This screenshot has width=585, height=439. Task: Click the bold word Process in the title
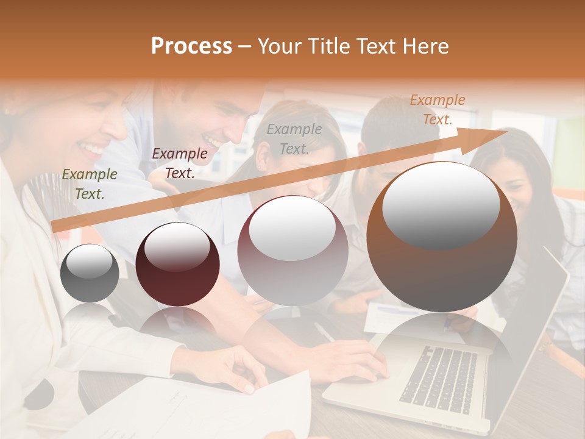(x=191, y=46)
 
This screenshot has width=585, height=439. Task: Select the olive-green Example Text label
(x=90, y=184)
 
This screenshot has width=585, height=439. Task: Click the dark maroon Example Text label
(x=180, y=163)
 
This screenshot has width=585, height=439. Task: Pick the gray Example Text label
(x=294, y=138)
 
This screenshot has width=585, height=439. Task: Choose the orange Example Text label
(x=438, y=109)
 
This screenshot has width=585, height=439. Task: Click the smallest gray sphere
(x=90, y=274)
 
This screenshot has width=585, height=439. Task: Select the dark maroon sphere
(x=177, y=265)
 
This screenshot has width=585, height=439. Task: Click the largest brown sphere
(x=442, y=238)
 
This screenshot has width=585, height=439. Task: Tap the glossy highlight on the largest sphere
(x=441, y=204)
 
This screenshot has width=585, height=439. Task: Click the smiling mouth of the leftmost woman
(x=93, y=148)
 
